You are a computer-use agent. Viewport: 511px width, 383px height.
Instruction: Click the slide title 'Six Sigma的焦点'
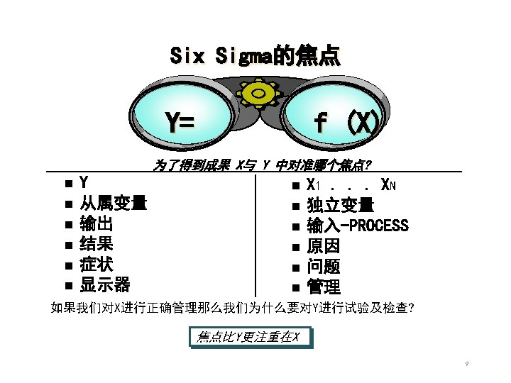(255, 55)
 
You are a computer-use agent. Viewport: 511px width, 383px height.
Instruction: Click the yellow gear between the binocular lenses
(258, 94)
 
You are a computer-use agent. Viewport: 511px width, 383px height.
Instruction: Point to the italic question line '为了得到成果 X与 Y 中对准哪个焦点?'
(262, 166)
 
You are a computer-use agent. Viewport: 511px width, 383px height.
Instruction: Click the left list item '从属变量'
(113, 204)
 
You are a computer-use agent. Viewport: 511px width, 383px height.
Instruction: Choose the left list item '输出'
(96, 225)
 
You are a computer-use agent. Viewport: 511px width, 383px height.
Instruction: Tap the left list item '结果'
(96, 245)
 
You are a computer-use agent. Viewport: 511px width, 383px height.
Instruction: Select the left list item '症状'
(96, 265)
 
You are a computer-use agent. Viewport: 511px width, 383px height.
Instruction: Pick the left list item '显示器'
(104, 286)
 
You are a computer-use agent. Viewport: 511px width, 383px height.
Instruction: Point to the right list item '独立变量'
(340, 206)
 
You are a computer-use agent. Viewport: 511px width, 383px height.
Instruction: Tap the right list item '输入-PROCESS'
(357, 226)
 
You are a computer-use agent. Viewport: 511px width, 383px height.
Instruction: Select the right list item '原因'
(323, 247)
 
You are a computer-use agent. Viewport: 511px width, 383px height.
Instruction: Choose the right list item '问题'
(323, 267)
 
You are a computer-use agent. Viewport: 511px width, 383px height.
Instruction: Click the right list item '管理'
(323, 287)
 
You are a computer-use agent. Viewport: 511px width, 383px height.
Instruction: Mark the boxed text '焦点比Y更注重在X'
(248, 337)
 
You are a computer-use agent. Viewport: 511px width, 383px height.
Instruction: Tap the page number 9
(466, 364)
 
